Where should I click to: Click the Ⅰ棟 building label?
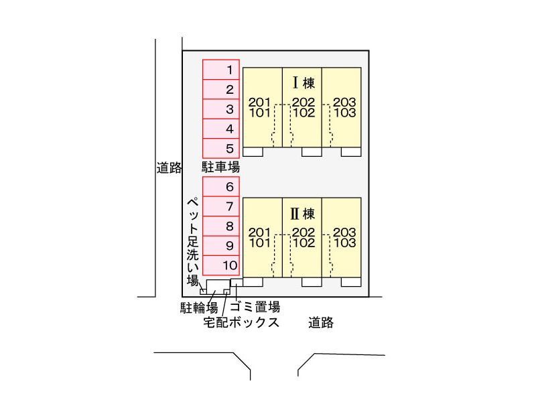304,84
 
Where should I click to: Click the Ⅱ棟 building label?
304,214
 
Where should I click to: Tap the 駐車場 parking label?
220,166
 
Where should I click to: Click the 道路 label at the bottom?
321,323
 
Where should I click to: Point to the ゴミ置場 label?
255,307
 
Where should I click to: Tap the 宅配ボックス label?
241,323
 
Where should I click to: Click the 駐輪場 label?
200,308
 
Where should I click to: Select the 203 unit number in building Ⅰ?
344,103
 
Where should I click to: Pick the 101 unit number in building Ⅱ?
259,243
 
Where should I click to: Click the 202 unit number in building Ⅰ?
304,103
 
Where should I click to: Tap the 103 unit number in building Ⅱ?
344,243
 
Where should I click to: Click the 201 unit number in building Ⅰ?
259,103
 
